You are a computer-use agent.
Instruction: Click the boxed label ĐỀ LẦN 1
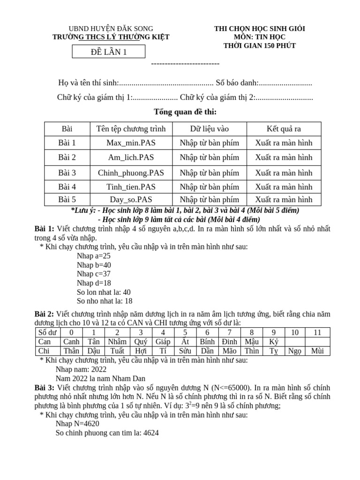coord(109,52)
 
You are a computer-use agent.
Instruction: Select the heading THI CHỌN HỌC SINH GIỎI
coord(259,29)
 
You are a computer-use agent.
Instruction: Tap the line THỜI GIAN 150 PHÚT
coord(259,45)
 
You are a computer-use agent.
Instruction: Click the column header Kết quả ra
coord(283,128)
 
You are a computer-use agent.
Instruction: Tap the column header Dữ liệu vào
coord(209,128)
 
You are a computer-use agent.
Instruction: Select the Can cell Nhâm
coord(117,342)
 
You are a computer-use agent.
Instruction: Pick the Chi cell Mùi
coord(317,351)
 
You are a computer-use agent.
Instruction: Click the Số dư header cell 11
coord(317,332)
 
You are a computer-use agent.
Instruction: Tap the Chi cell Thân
coord(71,351)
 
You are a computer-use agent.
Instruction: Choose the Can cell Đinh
coord(229,342)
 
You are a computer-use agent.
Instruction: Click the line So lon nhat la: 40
coord(104,292)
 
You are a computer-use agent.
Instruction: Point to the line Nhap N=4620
coord(77,424)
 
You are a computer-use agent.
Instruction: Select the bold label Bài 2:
coord(45,314)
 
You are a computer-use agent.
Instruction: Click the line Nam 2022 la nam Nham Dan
coord(100,378)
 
